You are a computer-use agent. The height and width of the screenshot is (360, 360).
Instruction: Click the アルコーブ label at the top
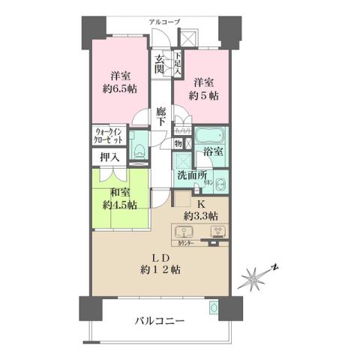[x=164, y=22]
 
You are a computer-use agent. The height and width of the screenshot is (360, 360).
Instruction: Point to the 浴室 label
[x=214, y=151]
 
